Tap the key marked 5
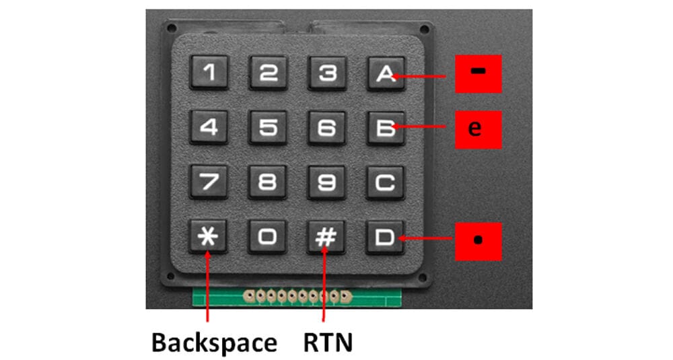pyautogui.click(x=268, y=127)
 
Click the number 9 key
pyautogui.click(x=326, y=182)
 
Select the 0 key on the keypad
pyautogui.click(x=267, y=237)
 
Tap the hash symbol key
pyautogui.click(x=326, y=237)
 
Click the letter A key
pyautogui.click(x=386, y=73)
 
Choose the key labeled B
pyautogui.click(x=386, y=128)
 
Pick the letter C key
pyautogui.click(x=385, y=182)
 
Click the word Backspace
pyautogui.click(x=214, y=343)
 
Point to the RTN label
pyautogui.click(x=328, y=343)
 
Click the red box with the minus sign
pyautogui.click(x=478, y=74)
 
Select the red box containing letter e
pyautogui.click(x=478, y=130)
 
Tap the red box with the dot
pyautogui.click(x=478, y=241)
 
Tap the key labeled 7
pyautogui.click(x=209, y=182)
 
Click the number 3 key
pyautogui.click(x=327, y=73)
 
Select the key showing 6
pyautogui.click(x=326, y=128)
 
